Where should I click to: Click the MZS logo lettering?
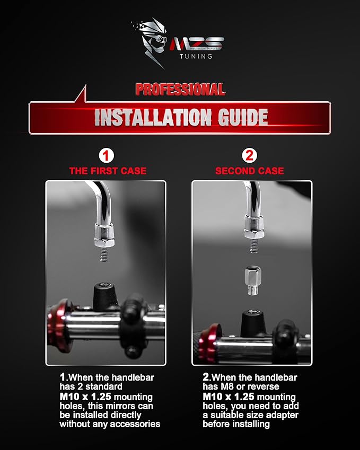[x=197, y=43]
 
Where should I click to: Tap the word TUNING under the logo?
[x=196, y=56]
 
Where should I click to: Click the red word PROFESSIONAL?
[x=180, y=90]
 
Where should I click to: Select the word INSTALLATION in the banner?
[x=153, y=117]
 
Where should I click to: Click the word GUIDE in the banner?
[x=243, y=117]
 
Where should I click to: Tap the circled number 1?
[x=106, y=156]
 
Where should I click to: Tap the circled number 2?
[x=249, y=156]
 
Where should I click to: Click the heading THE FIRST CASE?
[x=108, y=171]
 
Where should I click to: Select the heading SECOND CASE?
[x=250, y=171]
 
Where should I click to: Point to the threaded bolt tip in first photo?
[x=104, y=255]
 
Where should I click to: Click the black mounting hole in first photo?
[x=105, y=296]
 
